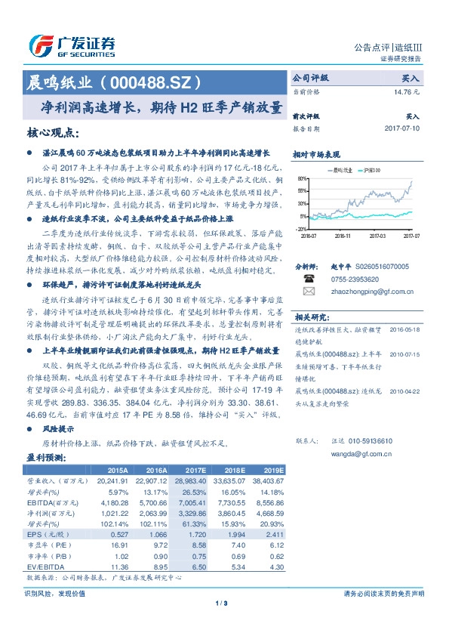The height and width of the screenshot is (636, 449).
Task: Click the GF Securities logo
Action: (x=71, y=44)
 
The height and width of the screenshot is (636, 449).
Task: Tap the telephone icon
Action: (x=309, y=277)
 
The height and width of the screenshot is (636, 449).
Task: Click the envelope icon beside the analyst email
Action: (x=309, y=290)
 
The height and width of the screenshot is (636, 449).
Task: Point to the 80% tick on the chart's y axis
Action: (x=301, y=179)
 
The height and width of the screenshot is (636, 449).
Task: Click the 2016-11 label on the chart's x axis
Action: (x=341, y=236)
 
